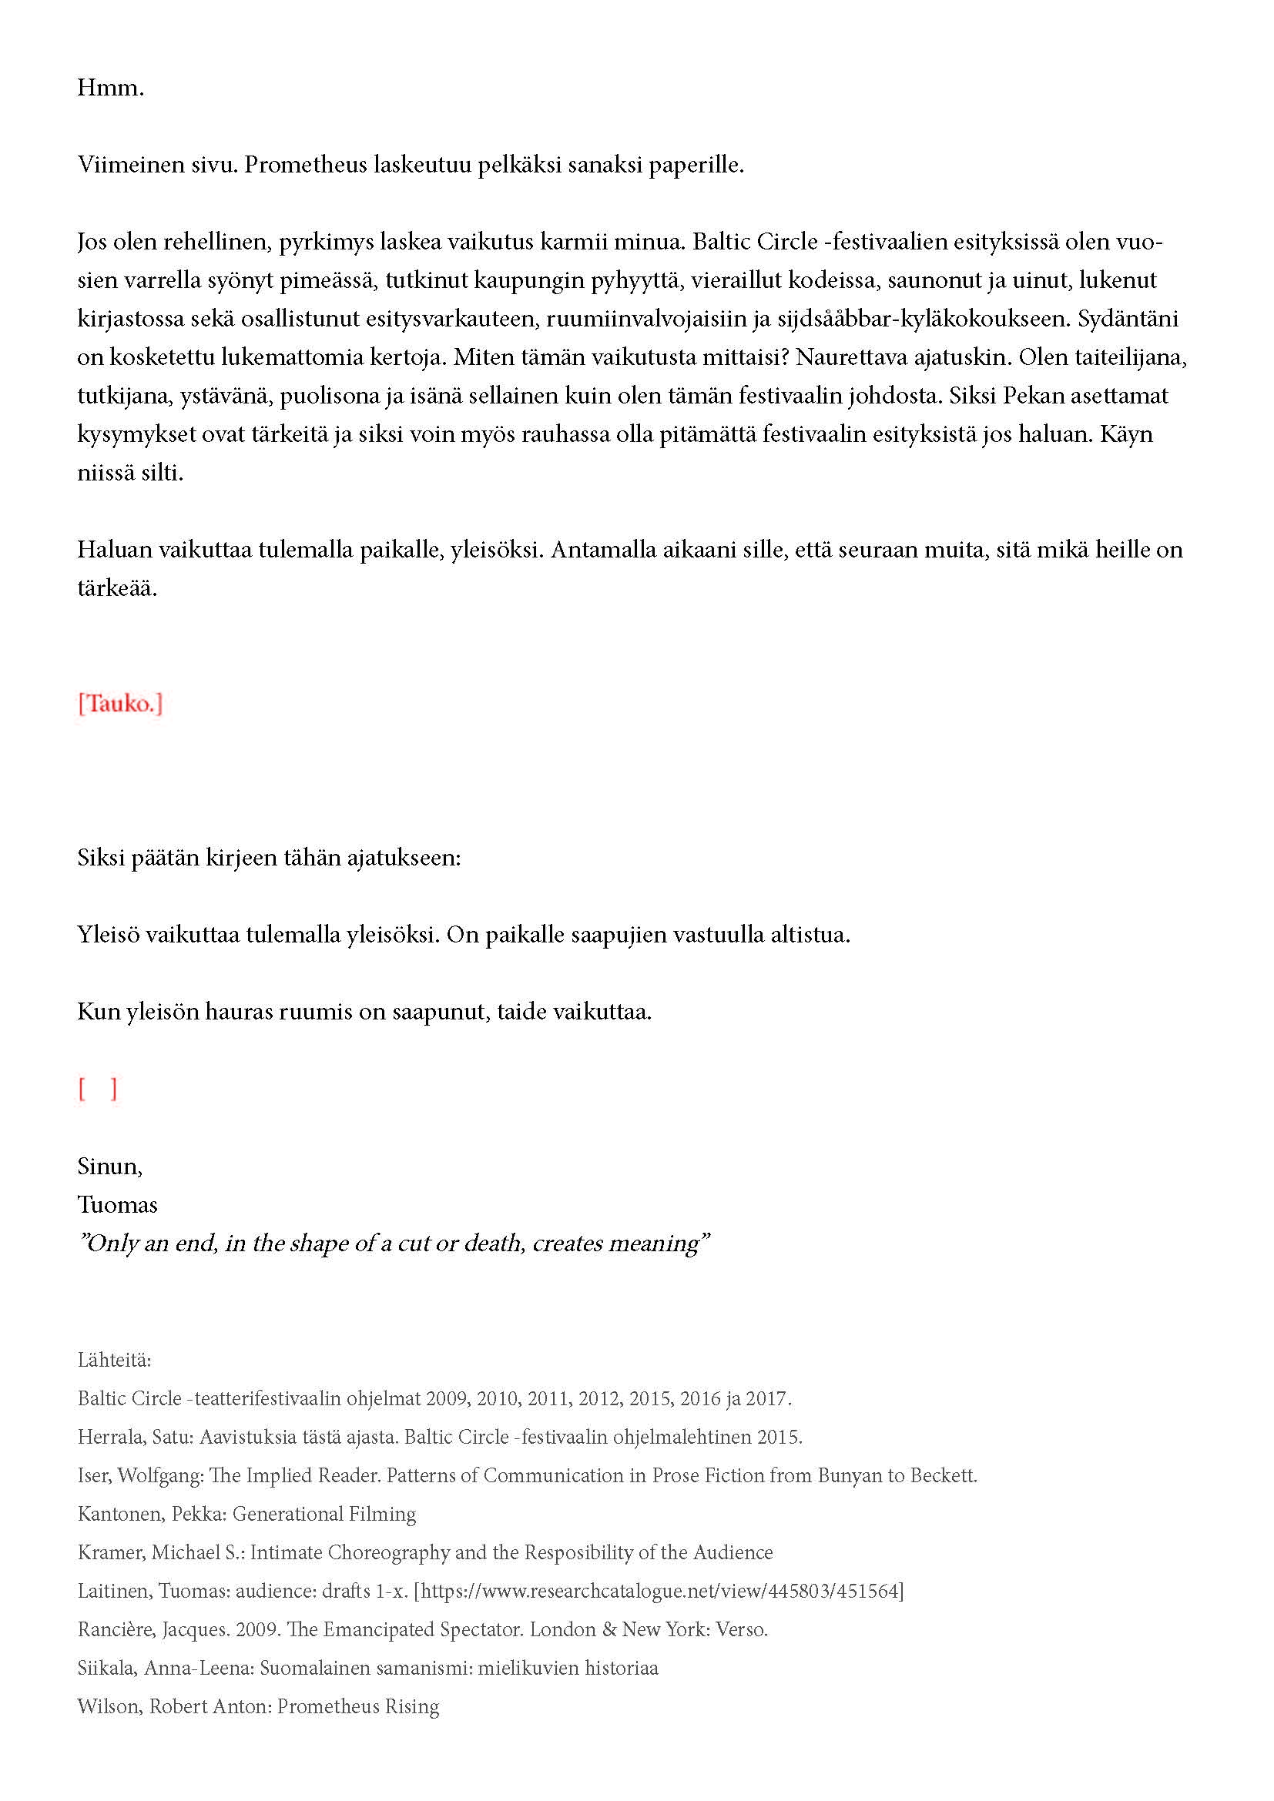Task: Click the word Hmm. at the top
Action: pos(111,88)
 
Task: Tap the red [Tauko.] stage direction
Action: pos(120,704)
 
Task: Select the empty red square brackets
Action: pos(97,1089)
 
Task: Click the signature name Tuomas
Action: pos(117,1204)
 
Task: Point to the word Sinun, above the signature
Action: pos(110,1166)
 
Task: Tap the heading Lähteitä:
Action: pos(115,1359)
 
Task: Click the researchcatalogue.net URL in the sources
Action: pos(659,1591)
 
